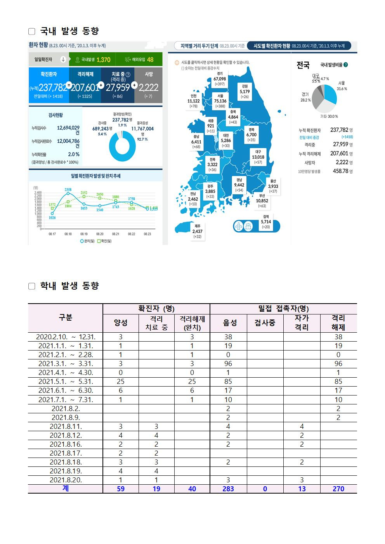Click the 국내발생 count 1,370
[x=103, y=60]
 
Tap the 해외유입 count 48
[x=150, y=60]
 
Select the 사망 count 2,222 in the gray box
[x=148, y=88]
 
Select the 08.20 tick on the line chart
[x=100, y=234]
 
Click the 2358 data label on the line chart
[x=68, y=189]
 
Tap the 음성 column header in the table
[x=228, y=323]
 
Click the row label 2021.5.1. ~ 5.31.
[x=66, y=382]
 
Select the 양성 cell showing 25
[x=121, y=382]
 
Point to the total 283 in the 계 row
[x=228, y=489]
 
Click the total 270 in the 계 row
[x=338, y=489]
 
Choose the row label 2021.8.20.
[x=66, y=480]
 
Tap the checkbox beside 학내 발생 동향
[x=32, y=286]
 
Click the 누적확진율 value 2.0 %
[x=74, y=154]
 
